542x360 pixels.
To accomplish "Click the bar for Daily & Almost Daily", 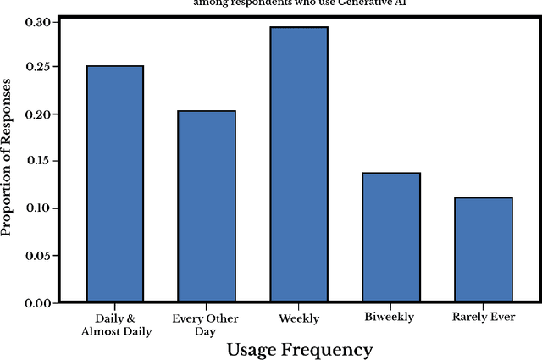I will pos(113,184).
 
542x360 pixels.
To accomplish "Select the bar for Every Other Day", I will pos(206,207).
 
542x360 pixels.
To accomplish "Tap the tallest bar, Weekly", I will pos(298,164).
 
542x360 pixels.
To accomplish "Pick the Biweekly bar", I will pos(390,237).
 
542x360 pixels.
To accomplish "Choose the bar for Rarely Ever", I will pos(483,250).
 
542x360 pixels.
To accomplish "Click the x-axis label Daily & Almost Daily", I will pos(117,325).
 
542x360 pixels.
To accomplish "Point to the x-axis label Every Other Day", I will pos(206,325).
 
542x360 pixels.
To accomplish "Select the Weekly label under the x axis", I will pos(298,319).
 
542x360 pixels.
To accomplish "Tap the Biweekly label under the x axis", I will pos(390,319).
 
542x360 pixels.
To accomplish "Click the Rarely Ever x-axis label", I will pos(483,319).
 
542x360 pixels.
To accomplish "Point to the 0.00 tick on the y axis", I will pos(40,303).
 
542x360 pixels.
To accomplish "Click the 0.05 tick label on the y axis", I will pos(40,256).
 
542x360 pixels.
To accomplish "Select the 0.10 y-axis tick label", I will pos(40,208).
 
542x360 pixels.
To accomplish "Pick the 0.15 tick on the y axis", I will pos(40,161).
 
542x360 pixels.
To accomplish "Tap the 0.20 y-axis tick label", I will pos(40,114).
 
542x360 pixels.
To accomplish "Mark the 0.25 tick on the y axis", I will pos(40,67).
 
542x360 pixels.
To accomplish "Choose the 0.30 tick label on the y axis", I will pos(40,20).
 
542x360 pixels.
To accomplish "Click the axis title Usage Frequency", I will pos(298,349).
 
